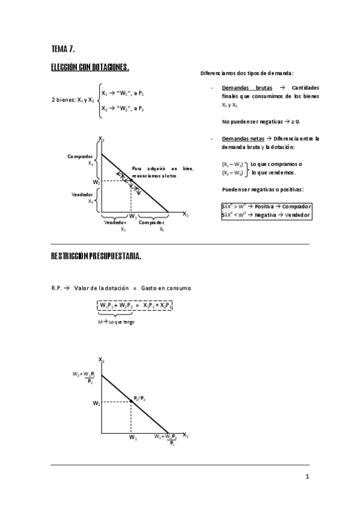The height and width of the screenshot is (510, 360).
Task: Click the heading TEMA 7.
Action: [63, 48]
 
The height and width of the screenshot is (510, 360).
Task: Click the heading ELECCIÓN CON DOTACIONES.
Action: [90, 67]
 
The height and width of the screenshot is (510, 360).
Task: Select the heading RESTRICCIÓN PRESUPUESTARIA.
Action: [96, 256]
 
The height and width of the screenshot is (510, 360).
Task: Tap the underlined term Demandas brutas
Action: [243, 88]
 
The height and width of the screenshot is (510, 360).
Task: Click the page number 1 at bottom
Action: [307, 478]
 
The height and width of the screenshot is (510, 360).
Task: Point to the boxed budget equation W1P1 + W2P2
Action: [135, 306]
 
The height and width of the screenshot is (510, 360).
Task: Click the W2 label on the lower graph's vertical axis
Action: [96, 404]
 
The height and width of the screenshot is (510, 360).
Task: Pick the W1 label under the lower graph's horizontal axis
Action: [132, 437]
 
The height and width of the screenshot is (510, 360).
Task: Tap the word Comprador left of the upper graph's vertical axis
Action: [81, 156]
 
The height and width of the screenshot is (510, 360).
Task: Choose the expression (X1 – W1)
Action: [233, 164]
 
